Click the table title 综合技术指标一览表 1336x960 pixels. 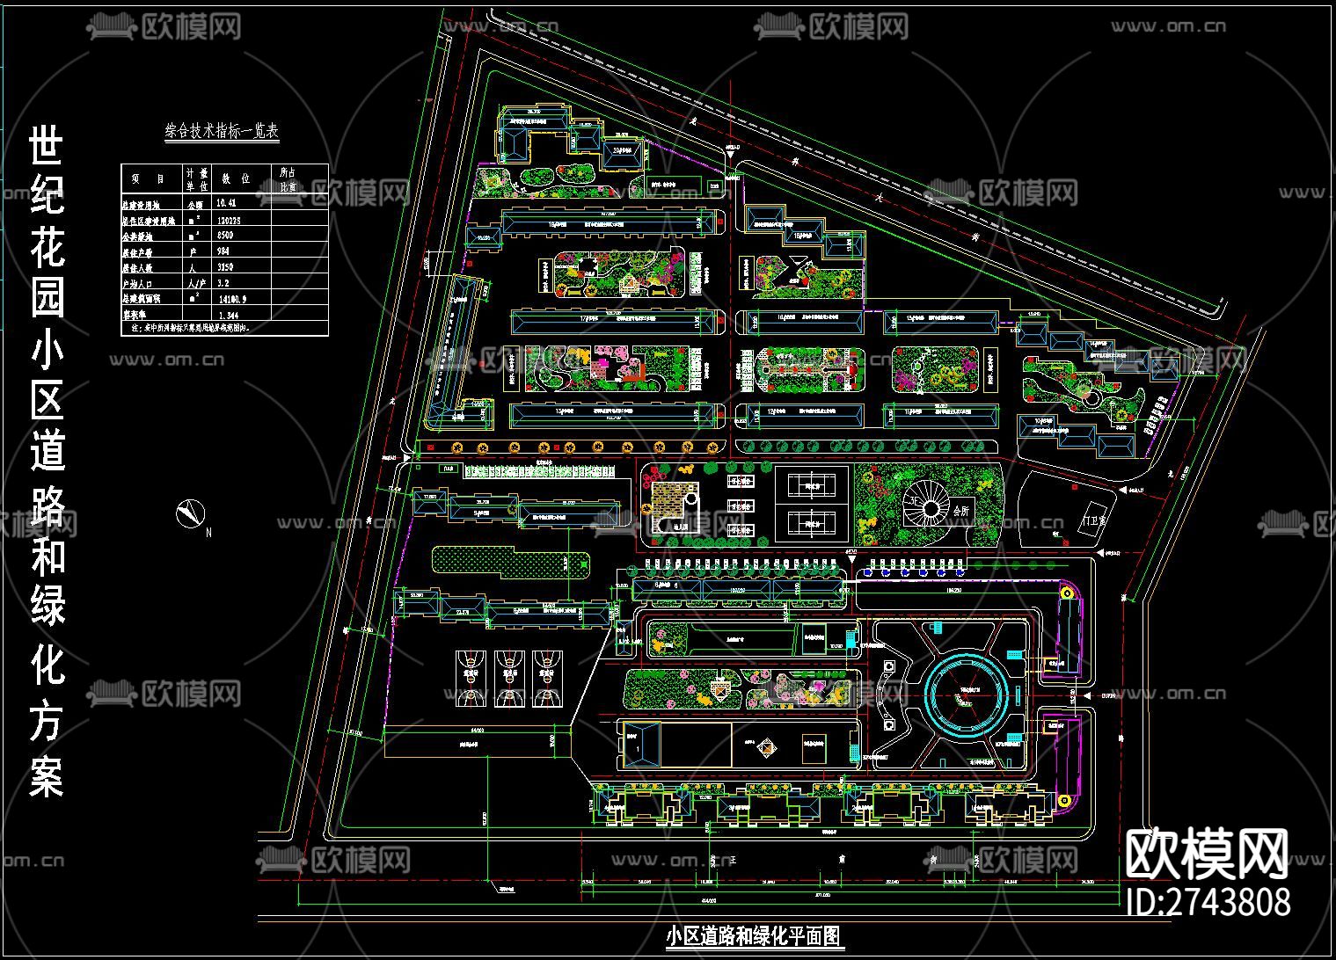pyautogui.click(x=222, y=132)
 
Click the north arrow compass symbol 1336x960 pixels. pyautogui.click(x=188, y=513)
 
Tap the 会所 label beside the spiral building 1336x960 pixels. pyautogui.click(x=959, y=510)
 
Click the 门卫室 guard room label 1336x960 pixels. pyautogui.click(x=1096, y=521)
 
